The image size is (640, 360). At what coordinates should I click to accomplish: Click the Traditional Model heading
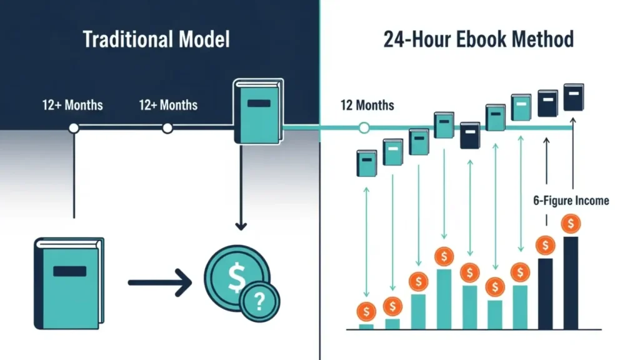pyautogui.click(x=156, y=39)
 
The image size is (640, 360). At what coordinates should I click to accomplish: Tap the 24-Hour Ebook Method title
pyautogui.click(x=478, y=39)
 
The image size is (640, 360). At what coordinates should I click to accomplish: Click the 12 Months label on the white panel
pyautogui.click(x=367, y=104)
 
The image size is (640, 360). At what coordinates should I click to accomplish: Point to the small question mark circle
pyautogui.click(x=260, y=302)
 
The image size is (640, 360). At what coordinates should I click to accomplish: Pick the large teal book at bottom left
pyautogui.click(x=69, y=282)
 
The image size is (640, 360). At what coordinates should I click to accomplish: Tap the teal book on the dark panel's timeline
pyautogui.click(x=258, y=111)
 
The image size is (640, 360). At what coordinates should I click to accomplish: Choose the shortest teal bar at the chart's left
pyautogui.click(x=366, y=326)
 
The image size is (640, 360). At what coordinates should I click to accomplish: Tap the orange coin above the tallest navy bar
pyautogui.click(x=571, y=223)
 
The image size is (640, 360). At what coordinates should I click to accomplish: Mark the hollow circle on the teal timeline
pyautogui.click(x=364, y=128)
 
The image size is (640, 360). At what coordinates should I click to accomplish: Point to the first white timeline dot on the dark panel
pyautogui.click(x=74, y=128)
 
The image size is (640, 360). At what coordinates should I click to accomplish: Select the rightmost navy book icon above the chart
pyautogui.click(x=573, y=97)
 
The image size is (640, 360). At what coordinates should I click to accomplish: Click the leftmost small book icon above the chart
pyautogui.click(x=366, y=163)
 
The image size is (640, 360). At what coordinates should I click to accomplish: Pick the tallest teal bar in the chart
pyautogui.click(x=444, y=299)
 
